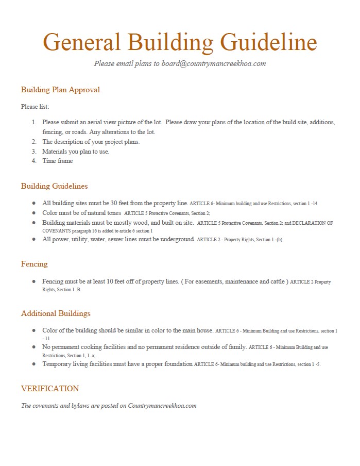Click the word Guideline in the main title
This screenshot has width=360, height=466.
click(x=268, y=42)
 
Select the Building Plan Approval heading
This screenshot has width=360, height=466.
click(x=60, y=90)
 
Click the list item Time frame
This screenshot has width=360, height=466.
click(x=58, y=161)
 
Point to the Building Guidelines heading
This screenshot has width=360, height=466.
click(x=54, y=186)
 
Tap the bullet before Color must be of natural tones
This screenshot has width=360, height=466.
click(x=34, y=212)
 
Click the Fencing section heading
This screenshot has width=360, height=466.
click(x=34, y=264)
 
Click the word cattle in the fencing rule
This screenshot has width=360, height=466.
click(x=273, y=281)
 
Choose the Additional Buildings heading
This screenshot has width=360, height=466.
click(x=56, y=313)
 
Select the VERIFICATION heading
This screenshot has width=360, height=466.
click(x=50, y=389)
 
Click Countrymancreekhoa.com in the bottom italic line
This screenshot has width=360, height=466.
click(x=162, y=406)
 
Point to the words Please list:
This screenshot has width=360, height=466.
click(x=35, y=107)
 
